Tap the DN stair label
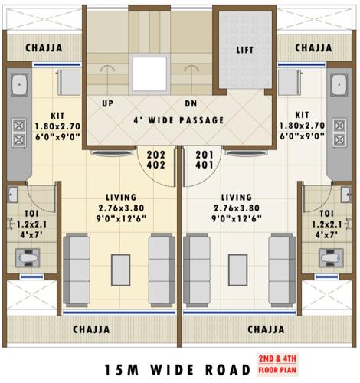coord(191,103)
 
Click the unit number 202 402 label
coord(156,159)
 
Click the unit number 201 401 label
coord(204,159)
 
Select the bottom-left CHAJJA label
coord(91,329)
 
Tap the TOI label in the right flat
coord(327,214)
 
